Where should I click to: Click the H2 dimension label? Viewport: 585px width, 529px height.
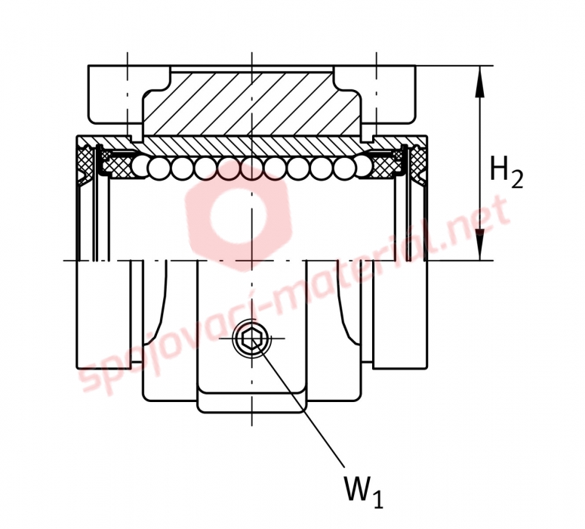[506, 172]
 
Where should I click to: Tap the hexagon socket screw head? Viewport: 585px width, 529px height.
[251, 339]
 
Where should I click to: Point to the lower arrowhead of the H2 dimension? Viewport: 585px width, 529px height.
[480, 244]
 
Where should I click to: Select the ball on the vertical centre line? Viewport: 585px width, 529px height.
[252, 169]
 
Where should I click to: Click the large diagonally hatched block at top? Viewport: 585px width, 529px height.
[252, 104]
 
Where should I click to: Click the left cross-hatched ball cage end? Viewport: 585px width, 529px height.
[116, 166]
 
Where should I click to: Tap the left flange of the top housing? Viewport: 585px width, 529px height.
[115, 94]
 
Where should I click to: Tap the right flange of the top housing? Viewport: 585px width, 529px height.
[388, 94]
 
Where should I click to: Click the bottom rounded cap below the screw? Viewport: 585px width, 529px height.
[252, 402]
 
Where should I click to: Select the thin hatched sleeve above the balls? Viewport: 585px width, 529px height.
[252, 146]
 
